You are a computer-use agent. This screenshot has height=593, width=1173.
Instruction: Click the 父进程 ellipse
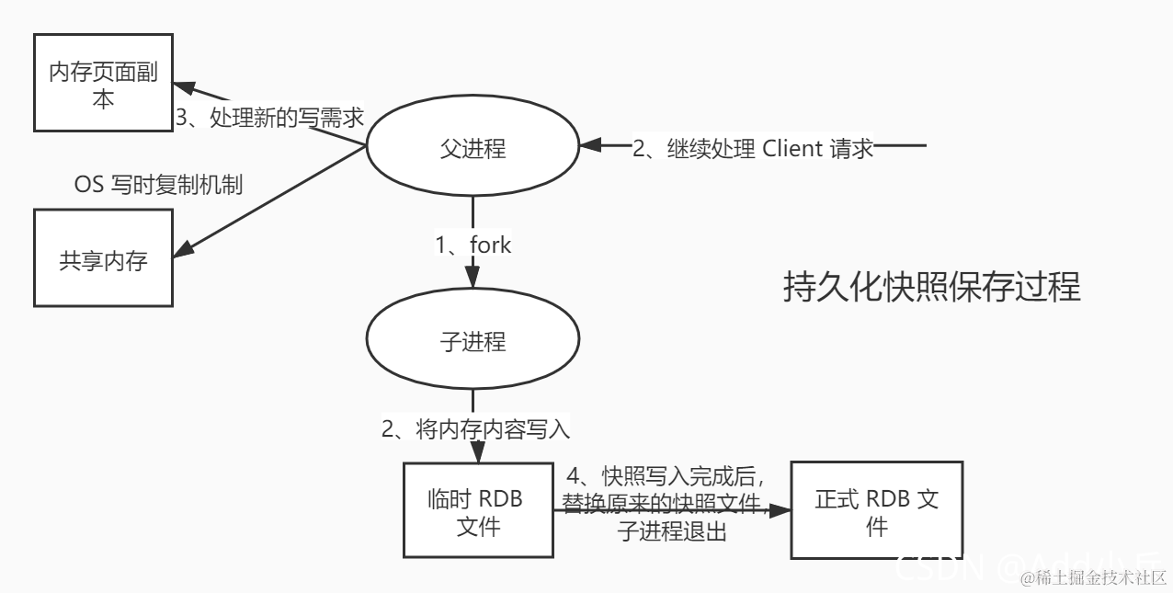[x=473, y=147]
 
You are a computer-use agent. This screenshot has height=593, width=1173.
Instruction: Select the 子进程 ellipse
[x=473, y=342]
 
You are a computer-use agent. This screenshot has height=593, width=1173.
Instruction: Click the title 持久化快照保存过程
[x=931, y=288]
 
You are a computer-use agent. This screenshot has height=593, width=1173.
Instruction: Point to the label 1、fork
[x=473, y=245]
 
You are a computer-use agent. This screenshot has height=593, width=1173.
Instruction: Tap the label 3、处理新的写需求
[x=269, y=118]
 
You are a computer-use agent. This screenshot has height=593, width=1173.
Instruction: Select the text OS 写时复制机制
[x=158, y=185]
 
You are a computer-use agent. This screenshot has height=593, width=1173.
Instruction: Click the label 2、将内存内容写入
[x=476, y=428]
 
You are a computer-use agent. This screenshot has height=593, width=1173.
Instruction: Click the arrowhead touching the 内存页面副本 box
[x=185, y=88]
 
